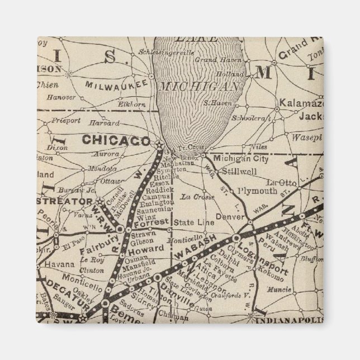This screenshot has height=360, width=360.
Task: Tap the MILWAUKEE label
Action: tap(116, 84)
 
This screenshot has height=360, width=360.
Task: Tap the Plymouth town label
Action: tap(257, 191)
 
